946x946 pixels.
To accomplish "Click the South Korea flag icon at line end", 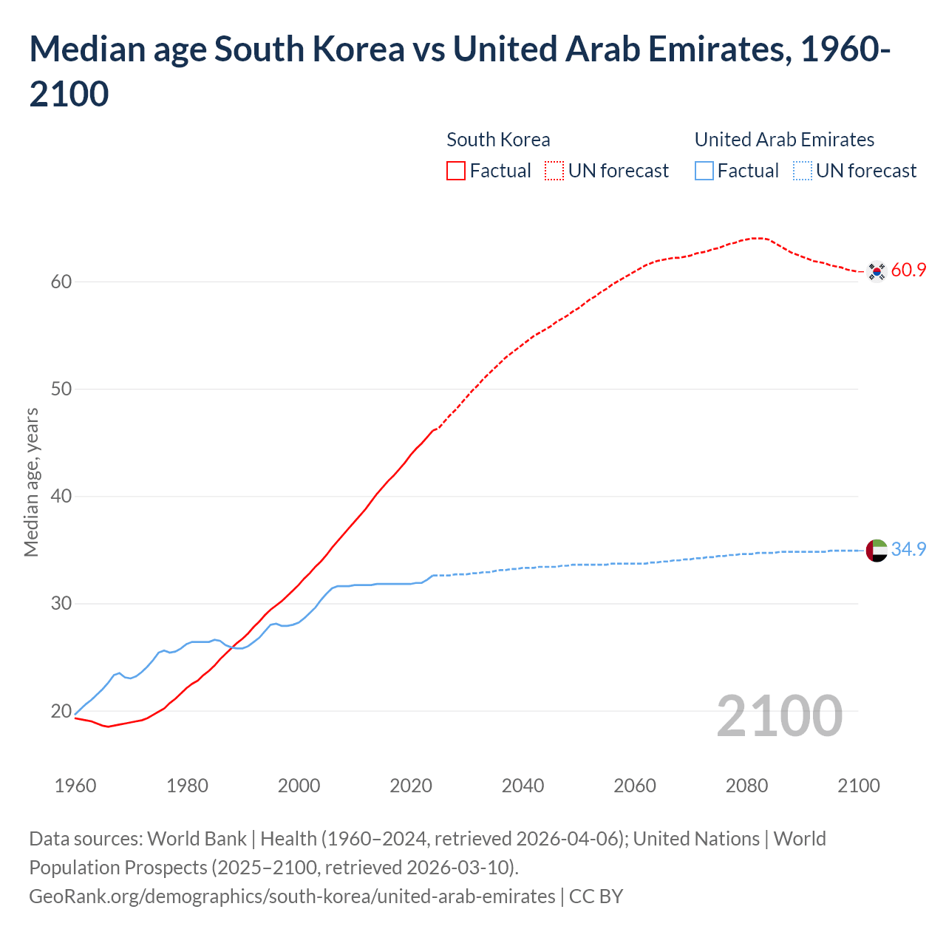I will tap(877, 271).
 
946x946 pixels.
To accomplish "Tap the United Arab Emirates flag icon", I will tap(877, 551).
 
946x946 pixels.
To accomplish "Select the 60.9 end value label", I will tap(908, 270).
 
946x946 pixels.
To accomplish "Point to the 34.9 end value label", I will tap(908, 549).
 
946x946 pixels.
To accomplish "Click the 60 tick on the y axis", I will tap(61, 282).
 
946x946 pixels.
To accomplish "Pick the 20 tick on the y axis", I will tap(61, 711).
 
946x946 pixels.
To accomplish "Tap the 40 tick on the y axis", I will tap(61, 496).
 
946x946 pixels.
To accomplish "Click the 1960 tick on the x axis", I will tap(75, 786).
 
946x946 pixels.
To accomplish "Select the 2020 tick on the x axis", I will tap(411, 786).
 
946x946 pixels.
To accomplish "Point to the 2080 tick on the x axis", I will tap(746, 786).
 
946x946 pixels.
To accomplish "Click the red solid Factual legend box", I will tap(456, 171).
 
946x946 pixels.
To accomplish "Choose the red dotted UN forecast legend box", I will tap(554, 171).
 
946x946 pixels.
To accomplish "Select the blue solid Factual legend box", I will tap(704, 171).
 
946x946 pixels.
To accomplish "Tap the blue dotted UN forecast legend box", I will tap(803, 171).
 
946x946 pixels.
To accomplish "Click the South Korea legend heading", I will tap(498, 140).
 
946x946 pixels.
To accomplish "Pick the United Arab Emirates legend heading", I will tap(784, 140).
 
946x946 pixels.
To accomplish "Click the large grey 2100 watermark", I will tap(780, 716).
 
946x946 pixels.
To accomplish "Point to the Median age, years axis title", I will tap(31, 482).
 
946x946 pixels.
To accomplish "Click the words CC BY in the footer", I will tap(596, 896).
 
